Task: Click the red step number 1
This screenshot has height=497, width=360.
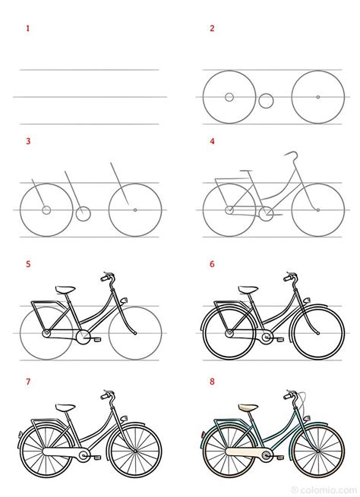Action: tap(28, 29)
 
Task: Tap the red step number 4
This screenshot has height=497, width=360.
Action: tap(213, 141)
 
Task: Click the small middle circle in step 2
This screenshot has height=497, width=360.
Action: tap(266, 99)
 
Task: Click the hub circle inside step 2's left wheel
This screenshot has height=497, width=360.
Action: tap(229, 97)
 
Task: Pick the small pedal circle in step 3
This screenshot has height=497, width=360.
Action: tap(84, 213)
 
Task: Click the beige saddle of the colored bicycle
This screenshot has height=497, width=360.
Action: tap(248, 407)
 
